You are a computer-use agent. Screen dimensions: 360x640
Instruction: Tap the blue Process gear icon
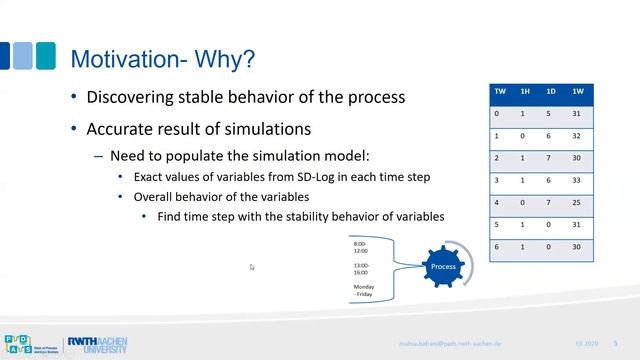click(442, 267)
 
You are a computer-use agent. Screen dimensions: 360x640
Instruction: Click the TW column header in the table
click(500, 91)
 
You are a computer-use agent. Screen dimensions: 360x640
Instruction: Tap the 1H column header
click(525, 91)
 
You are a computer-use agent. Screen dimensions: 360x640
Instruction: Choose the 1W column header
click(578, 91)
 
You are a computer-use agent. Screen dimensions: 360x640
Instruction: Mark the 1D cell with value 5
click(550, 114)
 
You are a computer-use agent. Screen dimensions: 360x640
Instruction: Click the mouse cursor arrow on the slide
click(252, 267)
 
